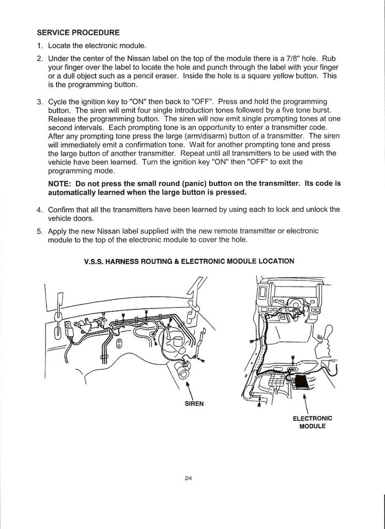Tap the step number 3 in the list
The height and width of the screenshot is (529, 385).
(39, 101)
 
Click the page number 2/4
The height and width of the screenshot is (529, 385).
(189, 478)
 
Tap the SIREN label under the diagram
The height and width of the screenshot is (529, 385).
(194, 404)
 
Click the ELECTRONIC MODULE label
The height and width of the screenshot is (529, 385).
(312, 422)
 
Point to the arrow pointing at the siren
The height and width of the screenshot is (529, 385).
(189, 390)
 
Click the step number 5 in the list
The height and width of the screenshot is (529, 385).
(39, 231)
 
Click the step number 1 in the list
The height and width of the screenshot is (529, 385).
(39, 45)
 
